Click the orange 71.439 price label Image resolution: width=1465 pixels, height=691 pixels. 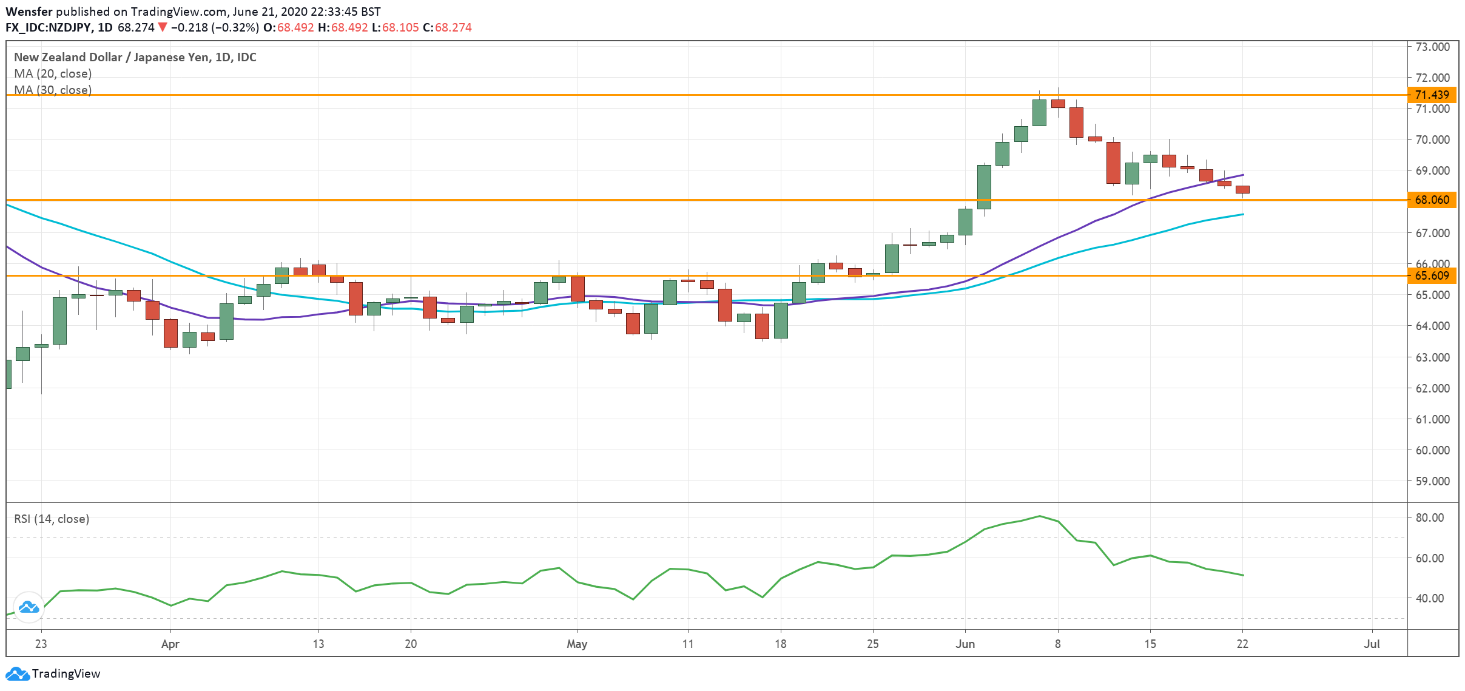[1431, 95]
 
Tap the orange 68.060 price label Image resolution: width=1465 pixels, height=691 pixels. [1431, 200]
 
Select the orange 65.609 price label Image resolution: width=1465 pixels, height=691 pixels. [1431, 275]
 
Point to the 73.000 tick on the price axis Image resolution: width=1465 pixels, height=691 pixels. [1432, 47]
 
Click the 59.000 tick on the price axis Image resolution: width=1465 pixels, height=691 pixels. [1432, 481]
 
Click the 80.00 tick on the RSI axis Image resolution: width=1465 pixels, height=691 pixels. [1429, 517]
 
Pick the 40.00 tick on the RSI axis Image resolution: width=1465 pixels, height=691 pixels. [1429, 598]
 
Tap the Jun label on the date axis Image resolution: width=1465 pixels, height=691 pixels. [965, 644]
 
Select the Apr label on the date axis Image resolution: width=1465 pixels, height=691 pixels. [170, 644]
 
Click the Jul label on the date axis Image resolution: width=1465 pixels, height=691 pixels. [1372, 644]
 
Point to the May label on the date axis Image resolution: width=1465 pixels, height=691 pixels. [576, 644]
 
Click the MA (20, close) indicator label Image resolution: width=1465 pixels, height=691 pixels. [53, 73]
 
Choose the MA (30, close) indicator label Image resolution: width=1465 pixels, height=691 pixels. [53, 90]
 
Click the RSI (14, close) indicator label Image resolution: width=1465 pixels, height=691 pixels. [52, 519]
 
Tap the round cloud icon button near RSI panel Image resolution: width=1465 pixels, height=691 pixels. [29, 607]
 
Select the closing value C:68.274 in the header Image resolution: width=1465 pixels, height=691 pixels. [447, 27]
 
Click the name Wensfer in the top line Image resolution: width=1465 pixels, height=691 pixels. [29, 12]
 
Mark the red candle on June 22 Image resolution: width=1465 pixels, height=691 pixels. [1242, 190]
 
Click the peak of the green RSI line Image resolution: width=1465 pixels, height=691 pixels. [1040, 516]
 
